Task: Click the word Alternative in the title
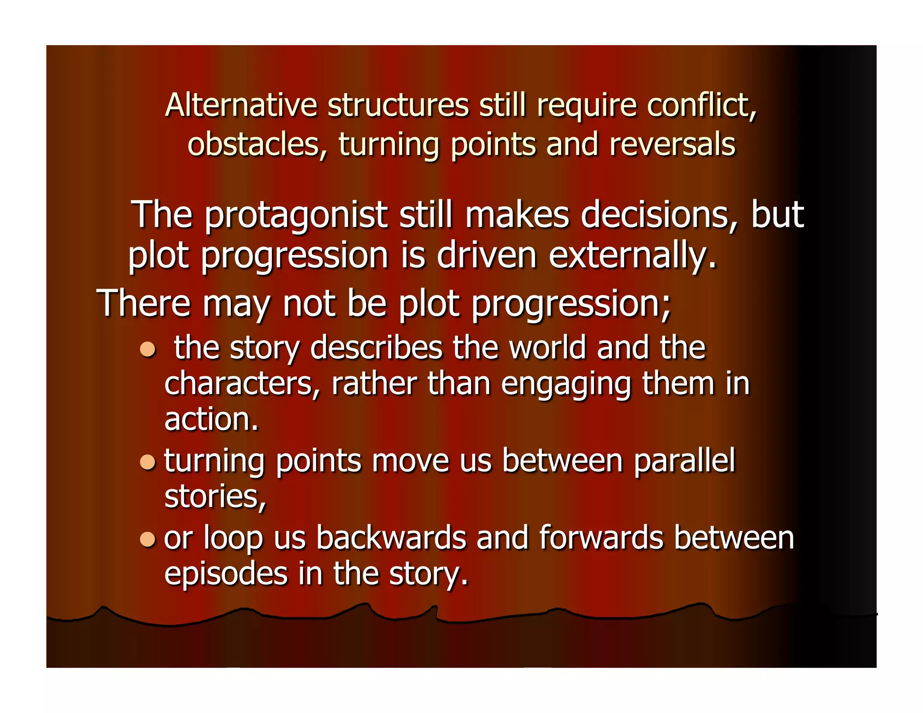click(x=241, y=105)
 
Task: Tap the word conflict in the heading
click(x=701, y=105)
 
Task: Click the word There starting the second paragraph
click(x=144, y=303)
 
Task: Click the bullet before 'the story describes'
click(x=147, y=349)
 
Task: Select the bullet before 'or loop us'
click(x=147, y=539)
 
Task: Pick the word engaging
click(x=566, y=385)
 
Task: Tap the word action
click(x=210, y=420)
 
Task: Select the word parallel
click(x=684, y=462)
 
